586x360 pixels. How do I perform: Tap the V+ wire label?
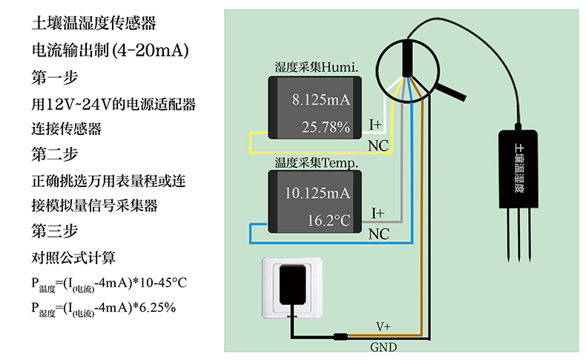tap(383, 327)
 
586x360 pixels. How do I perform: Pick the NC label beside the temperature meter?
tap(378, 234)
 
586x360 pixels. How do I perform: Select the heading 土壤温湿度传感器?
tap(93, 24)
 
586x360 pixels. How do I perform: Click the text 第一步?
tap(55, 76)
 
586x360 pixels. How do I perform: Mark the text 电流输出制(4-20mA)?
tap(111, 50)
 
